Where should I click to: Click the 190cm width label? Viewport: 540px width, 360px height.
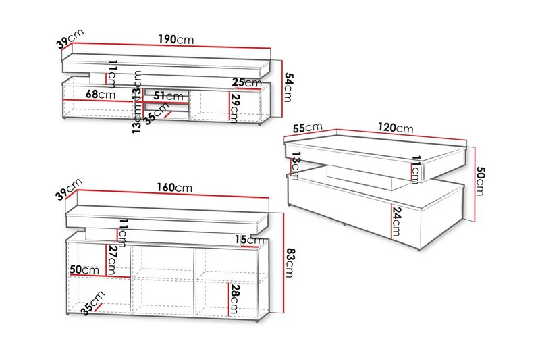point(176,39)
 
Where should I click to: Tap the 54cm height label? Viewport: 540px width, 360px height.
point(288,88)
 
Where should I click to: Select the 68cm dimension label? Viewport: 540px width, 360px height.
point(100,94)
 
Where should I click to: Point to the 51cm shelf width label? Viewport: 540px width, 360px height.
point(168,95)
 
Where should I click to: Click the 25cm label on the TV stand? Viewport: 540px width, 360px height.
point(246,82)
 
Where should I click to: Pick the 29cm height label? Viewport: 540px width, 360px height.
point(234,108)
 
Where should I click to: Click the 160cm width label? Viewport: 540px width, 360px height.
point(175,187)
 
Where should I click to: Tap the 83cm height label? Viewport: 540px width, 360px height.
point(288,263)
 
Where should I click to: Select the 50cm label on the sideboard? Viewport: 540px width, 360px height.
point(84,269)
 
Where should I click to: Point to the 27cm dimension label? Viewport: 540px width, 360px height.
point(111,260)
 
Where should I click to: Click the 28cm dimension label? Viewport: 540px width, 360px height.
point(234,299)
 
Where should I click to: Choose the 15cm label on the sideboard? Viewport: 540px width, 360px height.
point(249,239)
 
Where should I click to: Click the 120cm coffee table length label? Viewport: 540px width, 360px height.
point(396,128)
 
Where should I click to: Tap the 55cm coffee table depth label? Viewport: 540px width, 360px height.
point(308,128)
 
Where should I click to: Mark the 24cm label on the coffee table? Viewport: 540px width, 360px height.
point(396,221)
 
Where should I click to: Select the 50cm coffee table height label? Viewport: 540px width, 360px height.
point(479,181)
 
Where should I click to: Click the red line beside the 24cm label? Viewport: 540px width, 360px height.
point(391,221)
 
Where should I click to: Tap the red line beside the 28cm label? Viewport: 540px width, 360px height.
point(229,299)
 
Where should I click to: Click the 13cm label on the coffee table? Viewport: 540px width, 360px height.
point(296,166)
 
